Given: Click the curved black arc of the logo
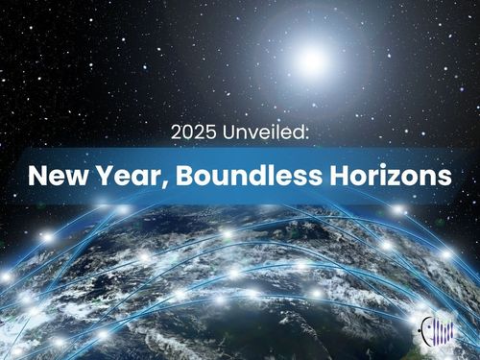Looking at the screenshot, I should pos(423,325).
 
